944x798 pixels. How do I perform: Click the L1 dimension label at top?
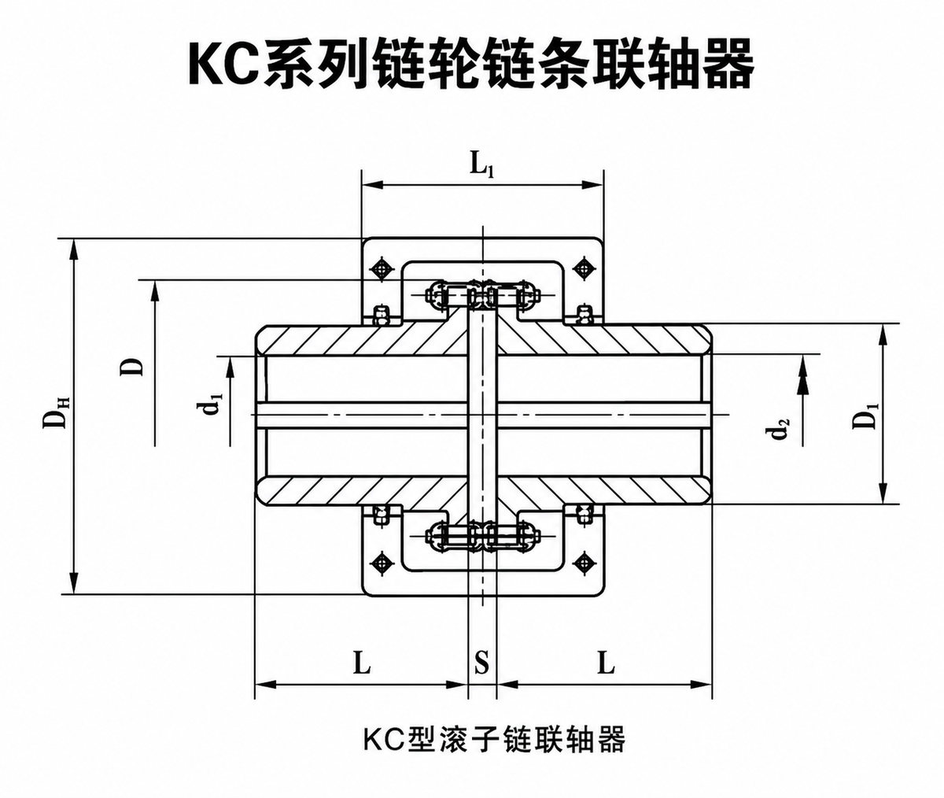pos(481,165)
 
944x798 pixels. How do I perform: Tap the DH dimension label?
pos(56,412)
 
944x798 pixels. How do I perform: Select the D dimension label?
pos(131,367)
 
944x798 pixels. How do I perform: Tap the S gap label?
pos(482,663)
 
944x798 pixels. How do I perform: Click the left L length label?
pos(361,663)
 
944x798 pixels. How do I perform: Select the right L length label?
pos(607,663)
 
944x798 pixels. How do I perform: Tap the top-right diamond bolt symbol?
pos(584,270)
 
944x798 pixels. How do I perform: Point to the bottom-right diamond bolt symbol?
pos(584,563)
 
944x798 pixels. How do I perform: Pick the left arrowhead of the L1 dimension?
pos(374,184)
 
